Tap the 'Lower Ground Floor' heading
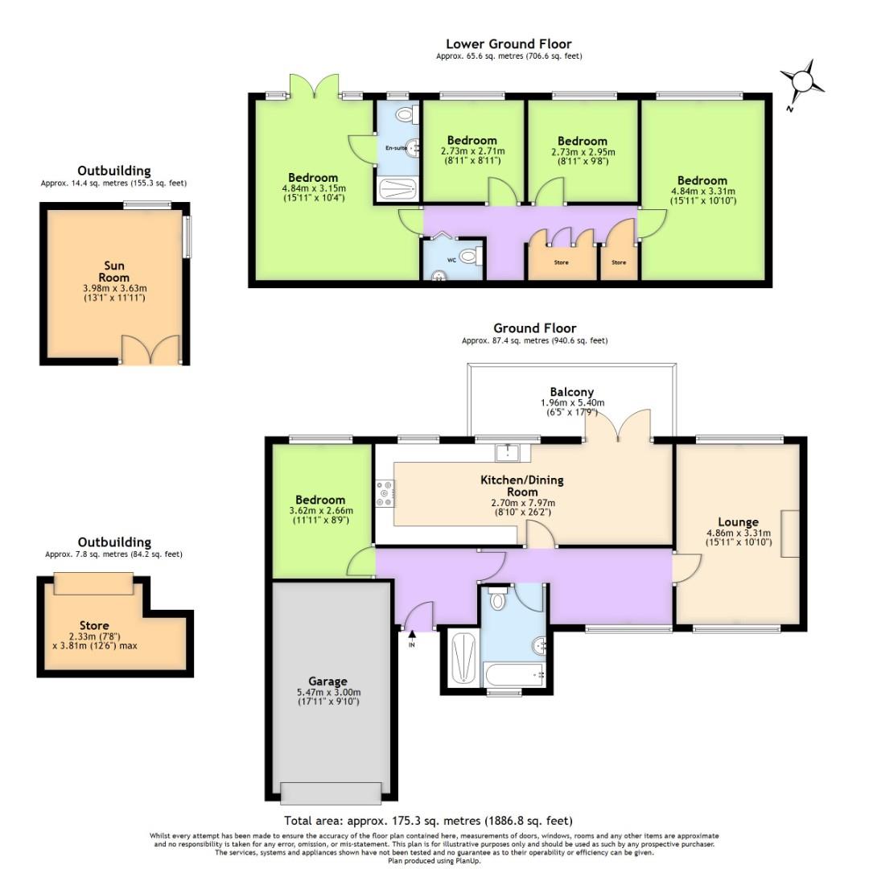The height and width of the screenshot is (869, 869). coord(509,44)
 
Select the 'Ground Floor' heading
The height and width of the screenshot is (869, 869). coord(534,328)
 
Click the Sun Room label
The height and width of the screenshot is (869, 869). coord(114,272)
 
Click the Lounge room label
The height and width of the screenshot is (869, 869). coord(738,521)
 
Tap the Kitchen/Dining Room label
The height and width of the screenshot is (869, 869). coord(522,486)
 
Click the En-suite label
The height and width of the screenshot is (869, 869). coord(395,148)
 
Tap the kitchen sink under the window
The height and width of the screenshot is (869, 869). coord(508,453)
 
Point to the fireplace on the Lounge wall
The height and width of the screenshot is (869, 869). coord(791,533)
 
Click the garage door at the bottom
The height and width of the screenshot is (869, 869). coord(331,793)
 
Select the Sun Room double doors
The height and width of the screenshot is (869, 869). coord(150,352)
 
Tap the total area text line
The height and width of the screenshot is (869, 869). coord(428,821)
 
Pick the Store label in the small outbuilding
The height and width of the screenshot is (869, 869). coord(94,625)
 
